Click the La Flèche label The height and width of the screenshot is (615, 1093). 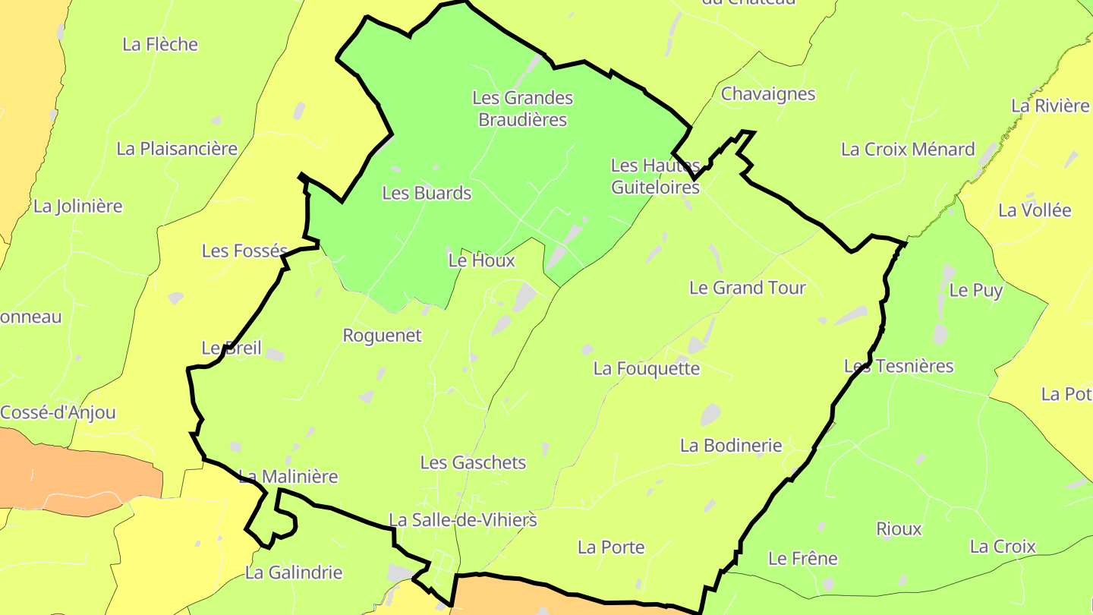point(160,45)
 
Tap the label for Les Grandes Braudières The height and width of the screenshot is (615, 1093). point(522,109)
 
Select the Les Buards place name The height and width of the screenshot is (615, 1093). point(427,193)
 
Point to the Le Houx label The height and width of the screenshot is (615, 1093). point(481,260)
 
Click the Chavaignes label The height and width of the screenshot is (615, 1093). point(768,94)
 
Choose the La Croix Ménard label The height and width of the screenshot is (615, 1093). point(908,150)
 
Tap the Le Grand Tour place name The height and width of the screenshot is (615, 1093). point(747,288)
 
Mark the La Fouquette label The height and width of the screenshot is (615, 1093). point(647,369)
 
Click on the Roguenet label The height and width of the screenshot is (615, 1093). point(382,336)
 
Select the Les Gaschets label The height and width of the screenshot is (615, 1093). point(473,462)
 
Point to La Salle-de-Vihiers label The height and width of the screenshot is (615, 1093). point(463,520)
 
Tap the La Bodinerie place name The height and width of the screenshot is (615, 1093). point(731,446)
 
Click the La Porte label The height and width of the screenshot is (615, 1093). point(611,547)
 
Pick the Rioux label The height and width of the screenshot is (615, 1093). point(899,529)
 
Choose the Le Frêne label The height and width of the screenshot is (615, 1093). point(802,559)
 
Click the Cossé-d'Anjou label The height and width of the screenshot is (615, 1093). point(58,413)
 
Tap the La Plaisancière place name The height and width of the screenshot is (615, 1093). point(177,149)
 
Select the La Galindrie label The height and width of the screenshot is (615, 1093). point(294,572)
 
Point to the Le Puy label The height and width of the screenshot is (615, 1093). point(976,290)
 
